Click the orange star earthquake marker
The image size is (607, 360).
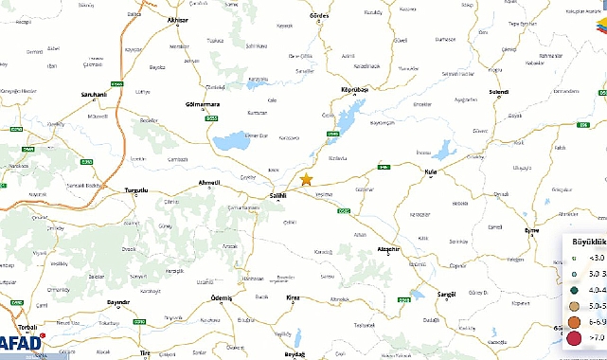point(306,179)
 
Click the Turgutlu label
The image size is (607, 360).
point(138,190)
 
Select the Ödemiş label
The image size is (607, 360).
point(221,297)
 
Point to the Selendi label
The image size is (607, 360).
point(498,92)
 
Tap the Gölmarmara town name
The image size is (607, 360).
point(205,103)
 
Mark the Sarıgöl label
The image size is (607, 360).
point(445,295)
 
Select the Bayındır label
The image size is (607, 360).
point(118,301)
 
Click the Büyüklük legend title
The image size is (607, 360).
point(587,242)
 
